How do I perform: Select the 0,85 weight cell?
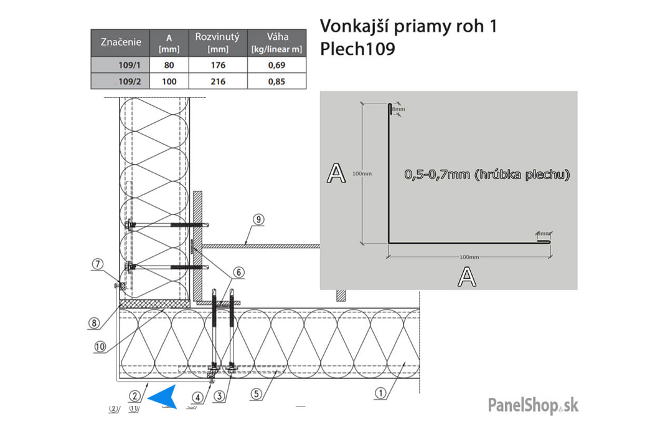(x=276, y=81)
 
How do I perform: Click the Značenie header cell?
(x=121, y=42)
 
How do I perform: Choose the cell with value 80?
(x=169, y=65)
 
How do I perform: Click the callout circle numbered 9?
(x=259, y=219)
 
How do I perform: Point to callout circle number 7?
(x=97, y=264)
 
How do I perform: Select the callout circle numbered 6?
(x=238, y=272)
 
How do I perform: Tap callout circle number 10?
(x=100, y=347)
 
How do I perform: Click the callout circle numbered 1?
(x=381, y=393)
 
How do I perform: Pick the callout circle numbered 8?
(x=94, y=323)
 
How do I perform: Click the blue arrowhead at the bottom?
(x=163, y=397)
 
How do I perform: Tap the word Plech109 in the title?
(x=357, y=49)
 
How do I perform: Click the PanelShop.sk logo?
(x=533, y=405)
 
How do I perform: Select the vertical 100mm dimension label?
(x=361, y=173)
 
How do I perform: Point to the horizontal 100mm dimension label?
(x=469, y=257)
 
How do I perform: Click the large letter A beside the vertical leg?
(x=336, y=173)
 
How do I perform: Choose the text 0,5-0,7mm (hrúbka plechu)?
(x=487, y=175)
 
